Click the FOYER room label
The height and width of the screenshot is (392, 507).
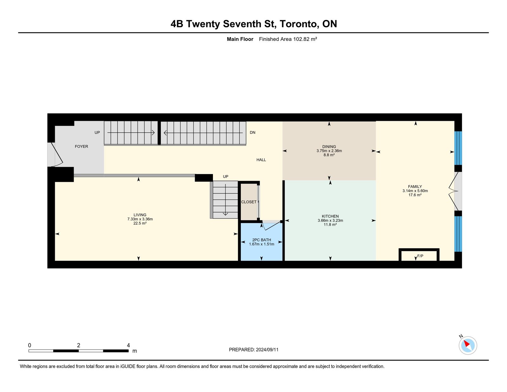(81, 147)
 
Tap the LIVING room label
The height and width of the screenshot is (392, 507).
(140, 215)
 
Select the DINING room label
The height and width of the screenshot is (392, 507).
(329, 147)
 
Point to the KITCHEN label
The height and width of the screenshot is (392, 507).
(330, 216)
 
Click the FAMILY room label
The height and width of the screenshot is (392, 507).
(415, 186)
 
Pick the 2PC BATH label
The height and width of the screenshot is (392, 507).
(261, 240)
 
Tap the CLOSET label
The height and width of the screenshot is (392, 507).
(249, 202)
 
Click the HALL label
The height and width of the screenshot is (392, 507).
(261, 160)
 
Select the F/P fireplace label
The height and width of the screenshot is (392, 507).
(420, 256)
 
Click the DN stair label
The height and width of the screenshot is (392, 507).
(253, 132)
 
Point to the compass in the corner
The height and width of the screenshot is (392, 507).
(468, 345)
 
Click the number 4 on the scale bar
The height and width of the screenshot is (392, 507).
(128, 345)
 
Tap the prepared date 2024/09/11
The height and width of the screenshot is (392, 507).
(267, 350)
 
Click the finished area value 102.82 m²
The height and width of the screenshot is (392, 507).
(305, 39)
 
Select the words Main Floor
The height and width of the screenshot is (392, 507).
(240, 39)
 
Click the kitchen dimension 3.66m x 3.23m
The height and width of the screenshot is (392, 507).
(330, 220)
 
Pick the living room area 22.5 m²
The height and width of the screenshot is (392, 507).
(140, 223)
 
